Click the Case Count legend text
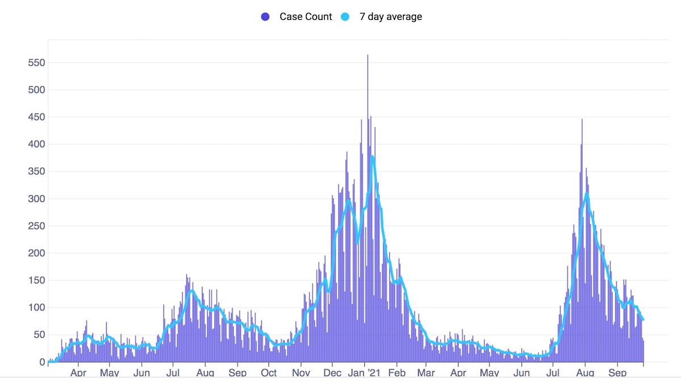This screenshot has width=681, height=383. [x=305, y=16]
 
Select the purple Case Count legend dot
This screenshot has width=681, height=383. [x=265, y=16]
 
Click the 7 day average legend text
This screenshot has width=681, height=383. [x=390, y=16]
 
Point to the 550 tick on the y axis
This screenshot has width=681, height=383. [x=36, y=62]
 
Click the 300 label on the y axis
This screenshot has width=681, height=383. [x=36, y=199]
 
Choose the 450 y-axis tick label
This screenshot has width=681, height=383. [x=36, y=117]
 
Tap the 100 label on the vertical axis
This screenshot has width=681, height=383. [x=36, y=308]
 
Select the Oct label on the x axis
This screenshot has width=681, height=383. [x=268, y=373]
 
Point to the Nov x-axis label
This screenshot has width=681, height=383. [x=301, y=373]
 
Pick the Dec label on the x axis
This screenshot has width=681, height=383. [x=333, y=373]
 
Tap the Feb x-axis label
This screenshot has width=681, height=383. [x=397, y=373]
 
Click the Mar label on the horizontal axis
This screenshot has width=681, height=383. [x=426, y=373]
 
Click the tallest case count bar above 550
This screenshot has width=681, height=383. [x=368, y=57]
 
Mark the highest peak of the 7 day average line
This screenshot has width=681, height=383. [x=372, y=157]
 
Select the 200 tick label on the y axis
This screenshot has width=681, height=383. [x=36, y=253]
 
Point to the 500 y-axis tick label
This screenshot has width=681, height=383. [x=36, y=90]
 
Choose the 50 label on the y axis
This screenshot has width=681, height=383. [x=39, y=335]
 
